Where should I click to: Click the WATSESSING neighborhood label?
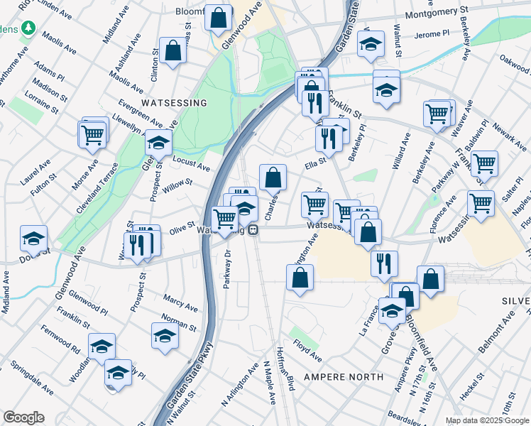pyautogui.click(x=174, y=103)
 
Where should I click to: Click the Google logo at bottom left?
pyautogui.click(x=23, y=417)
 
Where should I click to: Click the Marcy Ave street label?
pyautogui.click(x=180, y=302)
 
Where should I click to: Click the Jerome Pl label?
pyautogui.click(x=432, y=33)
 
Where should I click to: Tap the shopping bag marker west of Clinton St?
pyautogui.click(x=173, y=50)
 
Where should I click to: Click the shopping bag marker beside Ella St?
pyautogui.click(x=273, y=177)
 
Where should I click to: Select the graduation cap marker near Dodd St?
pyautogui.click(x=33, y=239)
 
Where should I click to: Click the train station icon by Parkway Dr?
pyautogui.click(x=253, y=231)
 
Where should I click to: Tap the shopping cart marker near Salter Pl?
pyautogui.click(x=484, y=163)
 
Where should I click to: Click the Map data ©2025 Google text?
pyautogui.click(x=486, y=420)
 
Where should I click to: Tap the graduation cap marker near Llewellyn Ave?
pyautogui.click(x=159, y=142)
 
